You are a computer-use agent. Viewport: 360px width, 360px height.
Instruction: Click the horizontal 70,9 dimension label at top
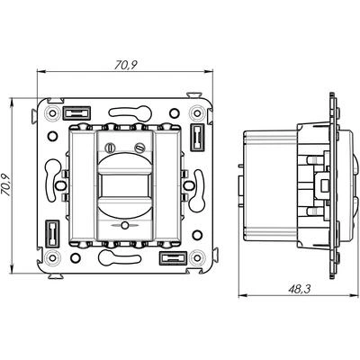(x=125, y=65)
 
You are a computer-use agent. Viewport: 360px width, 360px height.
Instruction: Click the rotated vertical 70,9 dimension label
(x=6, y=185)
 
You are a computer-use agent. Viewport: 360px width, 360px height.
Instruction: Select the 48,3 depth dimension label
(x=300, y=289)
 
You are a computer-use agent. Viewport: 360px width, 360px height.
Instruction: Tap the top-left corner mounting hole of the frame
(x=53, y=113)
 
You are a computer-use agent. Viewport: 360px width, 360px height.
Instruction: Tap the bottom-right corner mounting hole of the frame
(x=197, y=257)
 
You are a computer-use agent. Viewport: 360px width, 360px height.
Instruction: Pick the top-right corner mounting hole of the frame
(x=197, y=113)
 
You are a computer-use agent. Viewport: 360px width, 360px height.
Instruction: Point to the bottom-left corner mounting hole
(x=53, y=257)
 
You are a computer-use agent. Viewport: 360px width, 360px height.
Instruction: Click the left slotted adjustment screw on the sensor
(x=110, y=148)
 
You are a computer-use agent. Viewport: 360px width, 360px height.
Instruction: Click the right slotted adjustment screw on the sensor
(x=139, y=148)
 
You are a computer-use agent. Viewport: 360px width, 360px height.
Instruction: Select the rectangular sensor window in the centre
(x=125, y=185)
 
